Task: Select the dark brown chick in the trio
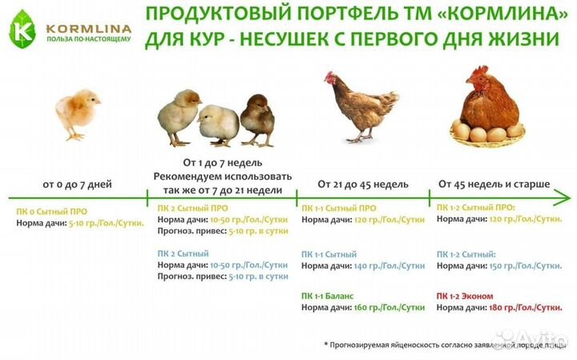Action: tap(256, 118)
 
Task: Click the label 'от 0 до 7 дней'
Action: tap(78, 184)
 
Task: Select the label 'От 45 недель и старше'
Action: tap(494, 184)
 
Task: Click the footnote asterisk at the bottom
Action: tap(326, 344)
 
